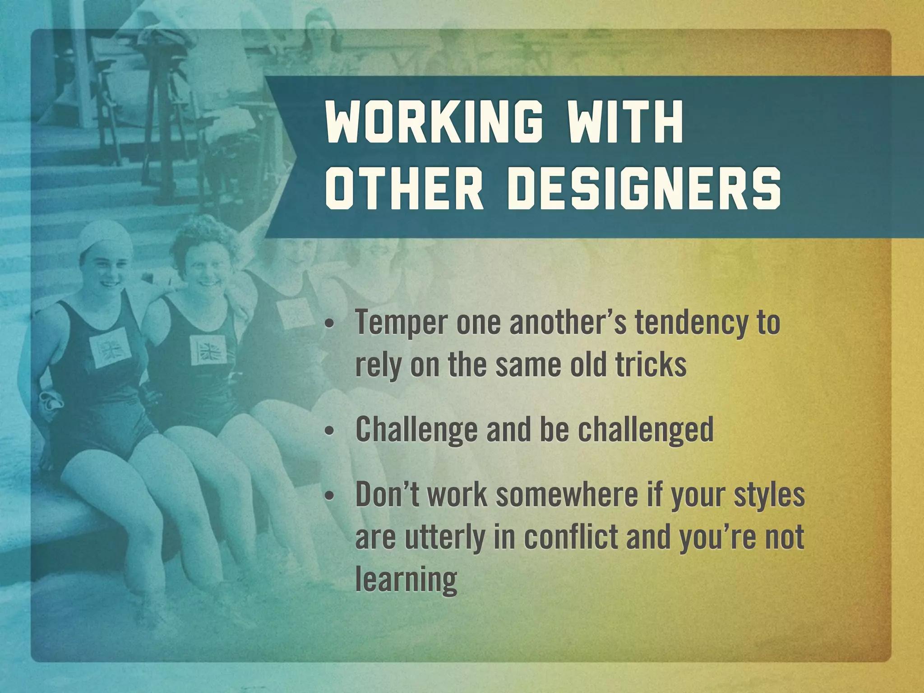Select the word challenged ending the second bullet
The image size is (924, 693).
coord(646,430)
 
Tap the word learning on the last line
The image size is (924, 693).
coord(406,580)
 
